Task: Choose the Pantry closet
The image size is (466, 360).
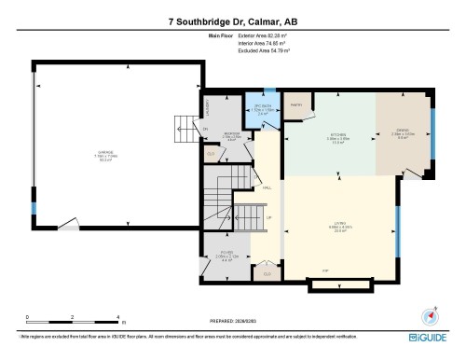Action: (297, 106)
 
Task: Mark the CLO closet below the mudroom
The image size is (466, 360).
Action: (212, 154)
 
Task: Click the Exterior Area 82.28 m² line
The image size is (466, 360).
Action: (264, 36)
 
